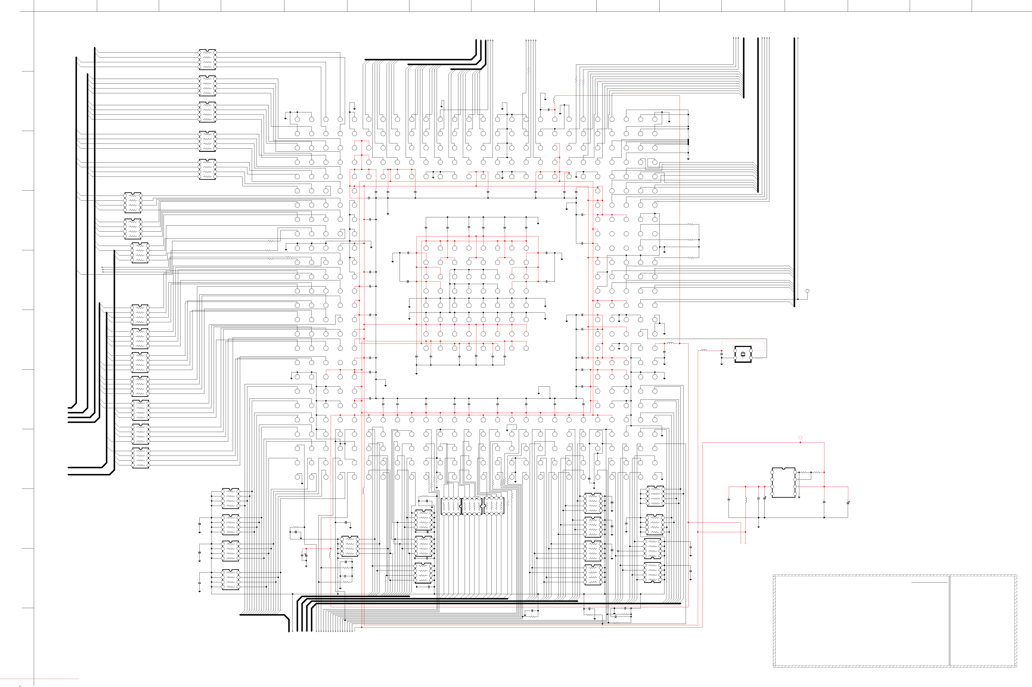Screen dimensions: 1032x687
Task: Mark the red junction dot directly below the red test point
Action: tap(800, 443)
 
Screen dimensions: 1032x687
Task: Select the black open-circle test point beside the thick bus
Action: tap(807, 291)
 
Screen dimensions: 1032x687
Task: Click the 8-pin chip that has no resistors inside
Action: tap(783, 482)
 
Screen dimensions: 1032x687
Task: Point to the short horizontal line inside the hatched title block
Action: tap(929, 582)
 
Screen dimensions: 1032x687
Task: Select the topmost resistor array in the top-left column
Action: tap(207, 59)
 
